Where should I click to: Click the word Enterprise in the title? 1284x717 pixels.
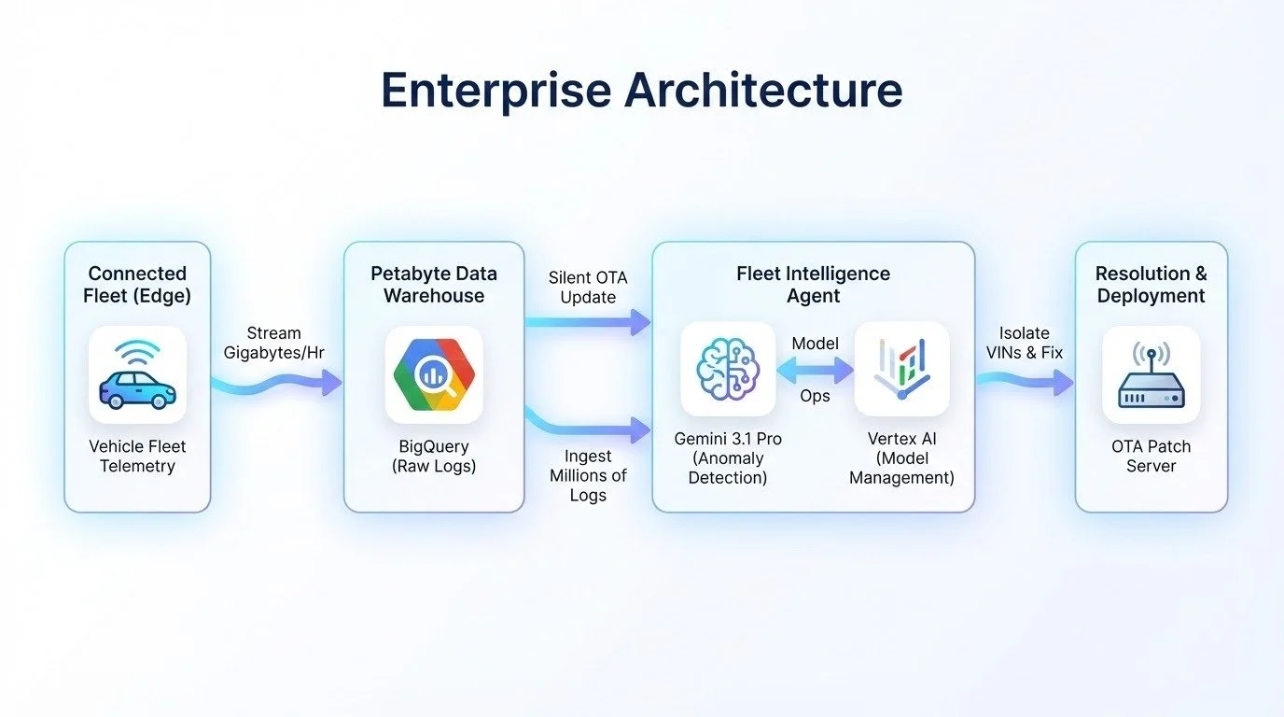495,91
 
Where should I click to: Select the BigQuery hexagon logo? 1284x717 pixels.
434,374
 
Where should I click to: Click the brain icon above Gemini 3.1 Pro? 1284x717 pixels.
728,369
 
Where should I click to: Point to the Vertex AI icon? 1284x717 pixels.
901,369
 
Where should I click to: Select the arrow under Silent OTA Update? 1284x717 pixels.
587,323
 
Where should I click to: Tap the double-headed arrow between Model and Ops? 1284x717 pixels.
815,370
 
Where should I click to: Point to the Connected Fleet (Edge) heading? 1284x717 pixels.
137,285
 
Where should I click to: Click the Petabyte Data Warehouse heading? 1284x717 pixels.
434,285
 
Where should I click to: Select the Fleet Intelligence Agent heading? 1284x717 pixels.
813,285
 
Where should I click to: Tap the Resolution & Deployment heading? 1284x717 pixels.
1151,285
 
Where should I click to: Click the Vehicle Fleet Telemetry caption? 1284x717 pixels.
137,457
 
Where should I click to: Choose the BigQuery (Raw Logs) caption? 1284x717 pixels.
434,457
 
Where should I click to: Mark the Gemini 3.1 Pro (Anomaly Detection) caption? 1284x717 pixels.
728,458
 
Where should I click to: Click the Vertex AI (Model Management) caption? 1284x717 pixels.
901,458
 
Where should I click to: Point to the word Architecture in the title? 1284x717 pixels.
764,91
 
